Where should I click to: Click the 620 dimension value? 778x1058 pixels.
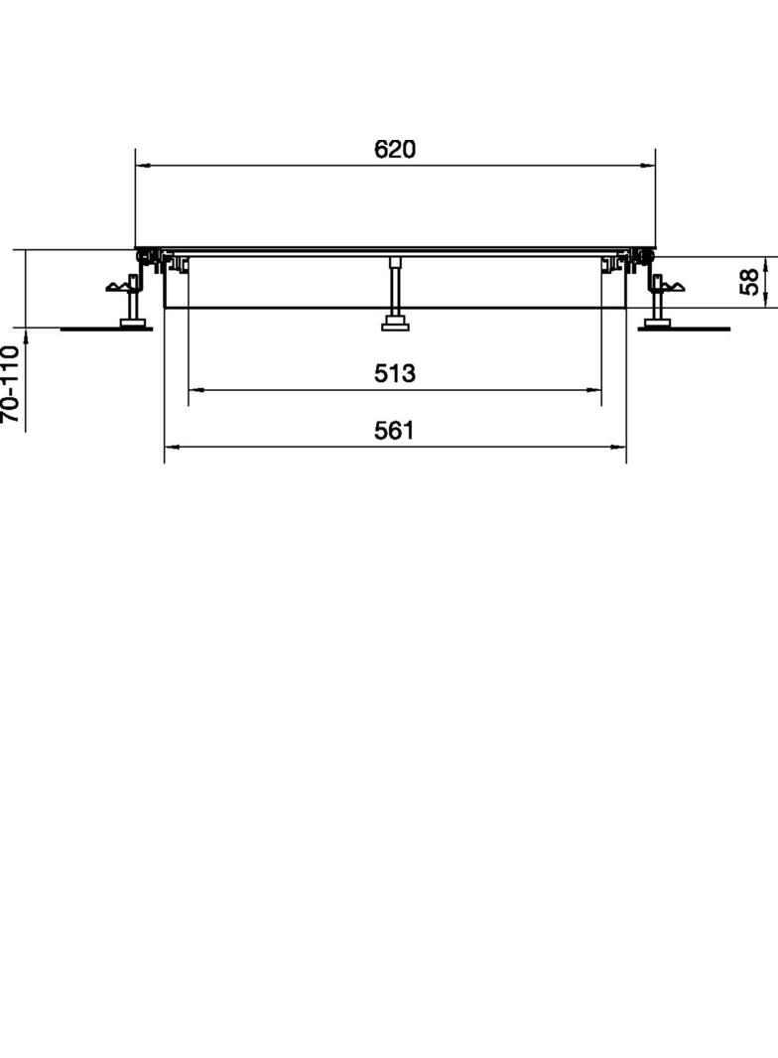395,149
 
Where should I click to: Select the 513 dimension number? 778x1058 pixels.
395,373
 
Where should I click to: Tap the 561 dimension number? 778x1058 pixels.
395,430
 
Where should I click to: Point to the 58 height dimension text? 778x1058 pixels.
751,282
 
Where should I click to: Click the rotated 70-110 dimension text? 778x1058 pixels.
10,383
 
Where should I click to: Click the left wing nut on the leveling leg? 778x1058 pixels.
120,288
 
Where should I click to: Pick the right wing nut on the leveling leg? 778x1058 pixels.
671,288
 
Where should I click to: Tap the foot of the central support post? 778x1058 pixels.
396,322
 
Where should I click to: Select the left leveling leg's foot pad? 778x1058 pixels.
130,322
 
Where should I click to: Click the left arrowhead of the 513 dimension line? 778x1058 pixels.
194,390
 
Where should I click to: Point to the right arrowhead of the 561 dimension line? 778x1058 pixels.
621,447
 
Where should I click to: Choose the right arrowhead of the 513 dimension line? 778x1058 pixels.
596,390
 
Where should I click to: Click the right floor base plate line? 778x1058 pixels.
695,329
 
